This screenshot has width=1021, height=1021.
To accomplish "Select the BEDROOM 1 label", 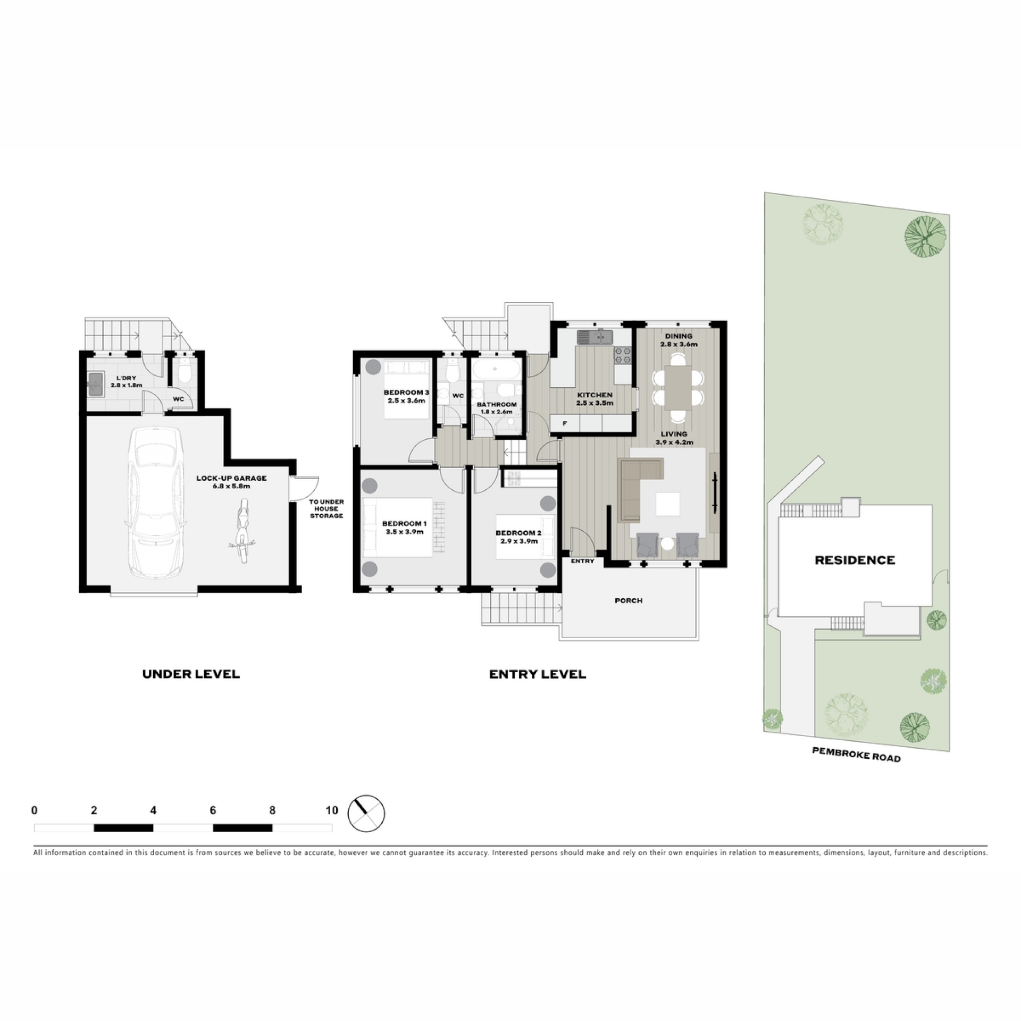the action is (405, 524).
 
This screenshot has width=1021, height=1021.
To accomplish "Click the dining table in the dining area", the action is (677, 388).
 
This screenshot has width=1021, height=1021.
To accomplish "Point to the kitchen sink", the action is (595, 337).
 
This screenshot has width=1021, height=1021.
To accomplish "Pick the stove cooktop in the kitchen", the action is (623, 356).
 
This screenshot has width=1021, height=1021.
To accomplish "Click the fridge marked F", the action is (565, 423).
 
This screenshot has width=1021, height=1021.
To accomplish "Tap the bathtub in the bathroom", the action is (495, 368).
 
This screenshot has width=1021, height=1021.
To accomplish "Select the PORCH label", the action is (629, 600).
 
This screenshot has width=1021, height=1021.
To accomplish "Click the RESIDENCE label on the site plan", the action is (855, 559).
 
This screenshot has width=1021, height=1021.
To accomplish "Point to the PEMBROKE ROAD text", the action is (856, 754).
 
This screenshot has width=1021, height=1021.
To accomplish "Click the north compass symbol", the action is (366, 813).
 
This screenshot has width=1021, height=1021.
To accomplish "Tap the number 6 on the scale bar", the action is (213, 810).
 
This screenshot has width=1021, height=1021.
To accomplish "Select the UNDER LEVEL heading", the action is (191, 674).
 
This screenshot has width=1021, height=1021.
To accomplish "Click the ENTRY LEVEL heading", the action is (538, 674).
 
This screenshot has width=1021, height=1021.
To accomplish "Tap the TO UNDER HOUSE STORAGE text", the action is (326, 508).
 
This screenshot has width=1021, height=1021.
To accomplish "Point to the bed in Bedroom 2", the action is (525, 536).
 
